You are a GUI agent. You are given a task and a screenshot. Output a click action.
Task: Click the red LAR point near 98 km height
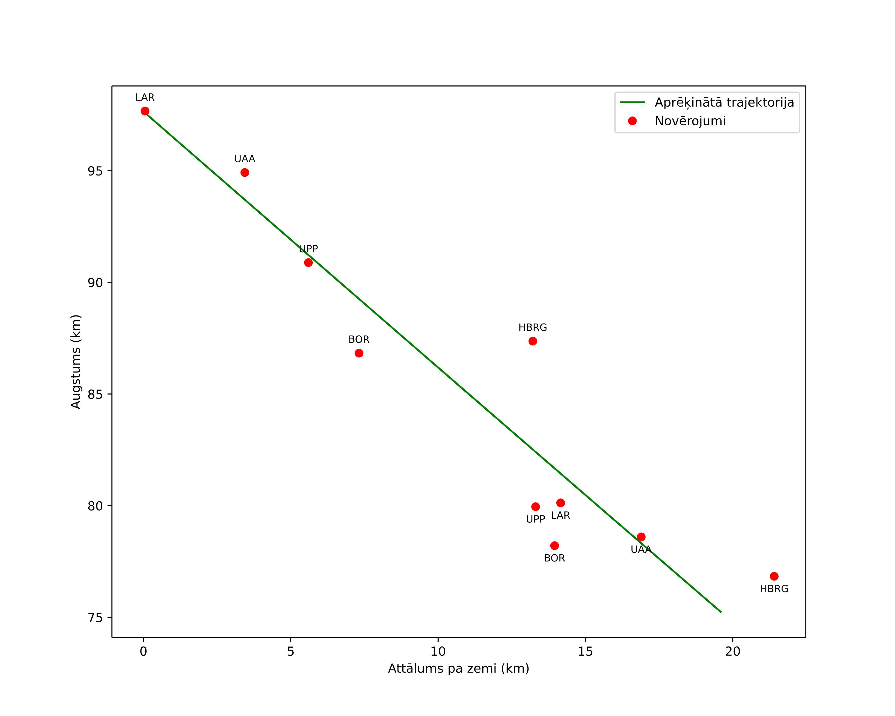(145, 111)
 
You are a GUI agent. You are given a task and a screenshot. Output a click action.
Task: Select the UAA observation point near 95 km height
(244, 172)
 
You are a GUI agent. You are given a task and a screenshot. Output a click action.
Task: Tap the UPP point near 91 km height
(308, 262)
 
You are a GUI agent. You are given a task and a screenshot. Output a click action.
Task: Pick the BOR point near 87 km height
(359, 353)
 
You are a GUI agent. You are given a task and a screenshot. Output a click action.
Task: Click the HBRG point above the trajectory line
(533, 341)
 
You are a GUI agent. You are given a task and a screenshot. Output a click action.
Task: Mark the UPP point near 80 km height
(535, 506)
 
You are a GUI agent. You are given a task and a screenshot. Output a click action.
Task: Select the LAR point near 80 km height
(560, 503)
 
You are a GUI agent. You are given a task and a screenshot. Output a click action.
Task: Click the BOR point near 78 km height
(554, 545)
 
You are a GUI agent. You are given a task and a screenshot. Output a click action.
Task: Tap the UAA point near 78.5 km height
(641, 537)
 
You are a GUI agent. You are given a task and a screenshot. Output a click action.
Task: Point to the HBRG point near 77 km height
(774, 576)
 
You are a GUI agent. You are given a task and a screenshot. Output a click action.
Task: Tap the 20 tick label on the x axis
(733, 652)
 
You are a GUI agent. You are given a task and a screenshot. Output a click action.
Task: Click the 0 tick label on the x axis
(143, 652)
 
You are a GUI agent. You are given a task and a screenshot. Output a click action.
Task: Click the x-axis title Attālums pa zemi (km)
(458, 669)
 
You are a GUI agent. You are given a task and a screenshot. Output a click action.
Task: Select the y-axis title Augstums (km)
(76, 361)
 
